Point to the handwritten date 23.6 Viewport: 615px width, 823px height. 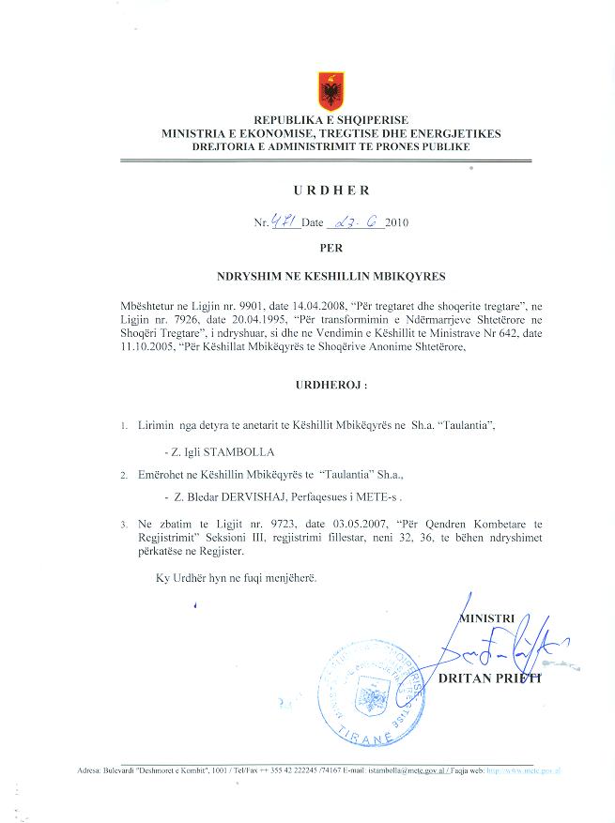pyautogui.click(x=354, y=222)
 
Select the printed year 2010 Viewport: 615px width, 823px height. pyautogui.click(x=397, y=223)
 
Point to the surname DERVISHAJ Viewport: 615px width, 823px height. pyautogui.click(x=244, y=496)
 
